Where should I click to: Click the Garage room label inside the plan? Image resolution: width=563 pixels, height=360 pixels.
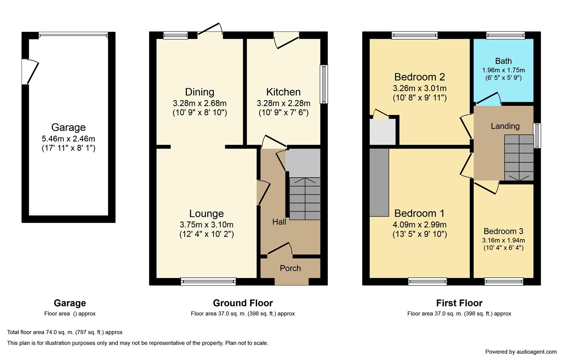coord(68,127)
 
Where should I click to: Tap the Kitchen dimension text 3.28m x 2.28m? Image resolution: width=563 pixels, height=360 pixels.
coord(284,103)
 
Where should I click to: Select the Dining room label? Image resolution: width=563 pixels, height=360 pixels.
coord(199,92)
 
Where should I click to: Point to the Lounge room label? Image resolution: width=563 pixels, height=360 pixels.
coord(206,214)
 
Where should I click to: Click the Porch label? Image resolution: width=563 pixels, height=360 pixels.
coord(290,268)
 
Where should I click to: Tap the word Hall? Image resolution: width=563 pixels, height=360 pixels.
coord(279,222)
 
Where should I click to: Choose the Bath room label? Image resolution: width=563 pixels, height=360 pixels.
coord(503,61)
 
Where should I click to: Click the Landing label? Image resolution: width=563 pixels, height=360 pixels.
coord(505,126)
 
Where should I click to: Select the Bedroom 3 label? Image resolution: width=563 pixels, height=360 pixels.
coord(503,231)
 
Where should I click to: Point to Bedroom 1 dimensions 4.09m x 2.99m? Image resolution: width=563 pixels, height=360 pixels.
coord(420,225)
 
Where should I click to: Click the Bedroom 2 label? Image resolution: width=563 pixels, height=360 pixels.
coord(420,77)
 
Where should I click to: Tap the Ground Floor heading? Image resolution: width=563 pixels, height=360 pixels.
coord(243,303)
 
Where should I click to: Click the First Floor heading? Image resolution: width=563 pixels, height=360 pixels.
coord(459,303)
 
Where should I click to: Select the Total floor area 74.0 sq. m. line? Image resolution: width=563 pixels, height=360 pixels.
coord(65,332)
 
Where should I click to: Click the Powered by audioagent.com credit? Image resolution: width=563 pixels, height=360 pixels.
coord(521,352)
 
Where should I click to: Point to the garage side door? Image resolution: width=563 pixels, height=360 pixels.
coord(30,72)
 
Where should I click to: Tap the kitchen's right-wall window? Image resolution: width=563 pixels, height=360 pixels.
coord(324,84)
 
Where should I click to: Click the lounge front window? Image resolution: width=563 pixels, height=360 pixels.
coord(208,281)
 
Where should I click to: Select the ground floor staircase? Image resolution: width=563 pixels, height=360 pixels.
coord(305,199)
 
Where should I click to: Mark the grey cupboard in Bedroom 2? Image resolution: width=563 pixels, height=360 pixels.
coord(383,132)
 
